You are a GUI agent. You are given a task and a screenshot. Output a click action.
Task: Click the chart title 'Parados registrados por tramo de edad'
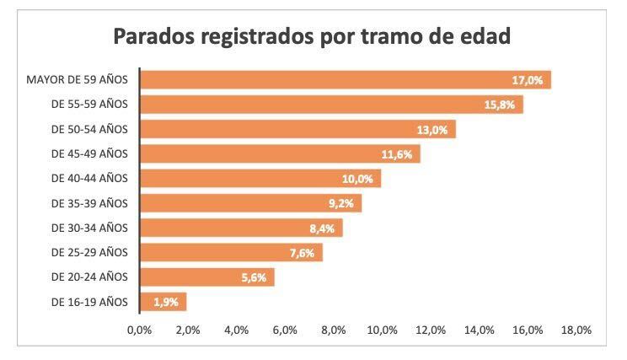[x=313, y=38]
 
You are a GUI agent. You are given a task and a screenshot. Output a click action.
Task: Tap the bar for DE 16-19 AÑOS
[x=162, y=302]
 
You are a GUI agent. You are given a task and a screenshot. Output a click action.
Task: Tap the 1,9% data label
[x=165, y=302]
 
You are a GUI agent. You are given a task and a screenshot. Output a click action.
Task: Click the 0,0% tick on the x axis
[x=139, y=330]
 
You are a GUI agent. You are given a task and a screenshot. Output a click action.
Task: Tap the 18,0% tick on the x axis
[x=577, y=330]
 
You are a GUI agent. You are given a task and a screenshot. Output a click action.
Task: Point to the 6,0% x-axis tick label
[x=285, y=330]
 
